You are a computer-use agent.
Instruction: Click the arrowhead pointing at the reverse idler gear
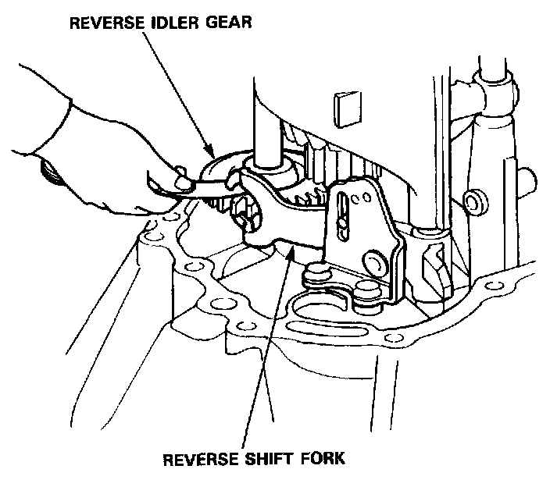[207, 151]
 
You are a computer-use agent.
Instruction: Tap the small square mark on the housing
[342, 106]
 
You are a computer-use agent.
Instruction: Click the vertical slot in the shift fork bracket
[342, 214]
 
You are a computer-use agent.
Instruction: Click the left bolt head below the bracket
[316, 272]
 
